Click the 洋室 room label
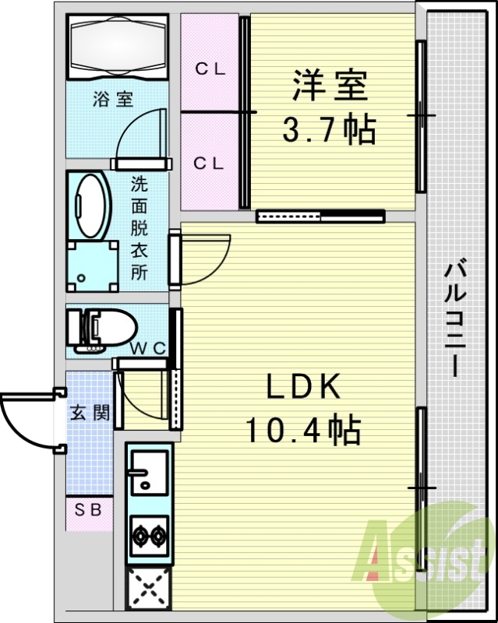point(330,86)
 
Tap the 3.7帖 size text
point(329,128)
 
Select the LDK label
point(304,387)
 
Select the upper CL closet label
point(210,69)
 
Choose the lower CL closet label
point(210,163)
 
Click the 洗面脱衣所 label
point(139,228)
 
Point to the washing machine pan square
point(93,265)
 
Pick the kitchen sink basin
point(147,473)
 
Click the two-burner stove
point(147,535)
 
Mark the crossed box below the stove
point(147,586)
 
